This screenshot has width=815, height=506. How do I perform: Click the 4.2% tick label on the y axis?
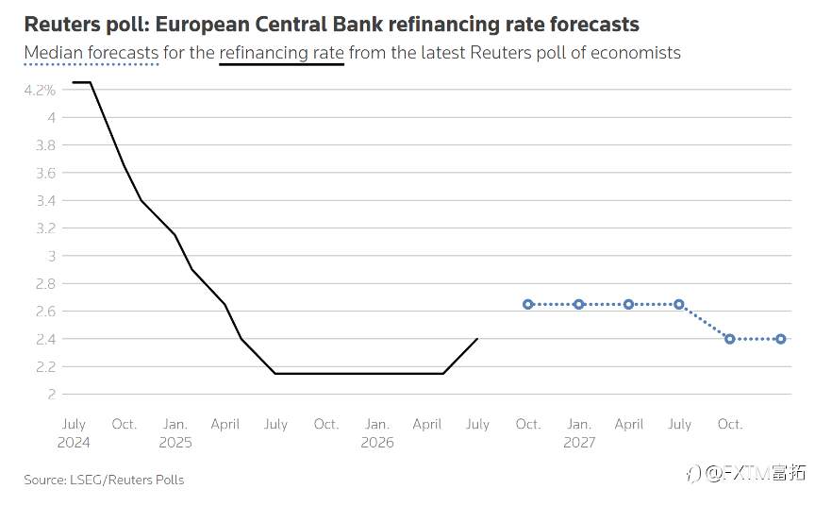click(40, 90)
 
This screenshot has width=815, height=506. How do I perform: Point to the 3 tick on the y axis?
click(51, 256)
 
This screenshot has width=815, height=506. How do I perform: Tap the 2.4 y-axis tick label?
click(45, 339)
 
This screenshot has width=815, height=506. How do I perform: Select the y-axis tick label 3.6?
click(45, 173)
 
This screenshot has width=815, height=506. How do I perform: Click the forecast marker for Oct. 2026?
click(528, 304)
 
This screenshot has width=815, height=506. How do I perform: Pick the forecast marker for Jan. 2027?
click(579, 304)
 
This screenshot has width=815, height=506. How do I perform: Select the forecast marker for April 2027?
click(629, 304)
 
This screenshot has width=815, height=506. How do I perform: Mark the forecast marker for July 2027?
click(679, 304)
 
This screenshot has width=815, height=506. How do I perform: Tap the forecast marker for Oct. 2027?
click(730, 339)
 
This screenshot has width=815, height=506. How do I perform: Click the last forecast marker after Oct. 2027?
click(781, 339)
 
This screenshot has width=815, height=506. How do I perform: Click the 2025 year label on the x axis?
click(175, 443)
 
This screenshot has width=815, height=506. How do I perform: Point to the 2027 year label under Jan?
click(579, 443)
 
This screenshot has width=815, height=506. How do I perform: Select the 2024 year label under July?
click(74, 443)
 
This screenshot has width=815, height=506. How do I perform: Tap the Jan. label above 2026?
click(376, 425)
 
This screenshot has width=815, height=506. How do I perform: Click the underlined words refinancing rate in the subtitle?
click(282, 53)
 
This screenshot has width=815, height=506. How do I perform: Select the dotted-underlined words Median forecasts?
click(91, 53)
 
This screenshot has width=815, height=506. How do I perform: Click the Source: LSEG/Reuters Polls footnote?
click(104, 480)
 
